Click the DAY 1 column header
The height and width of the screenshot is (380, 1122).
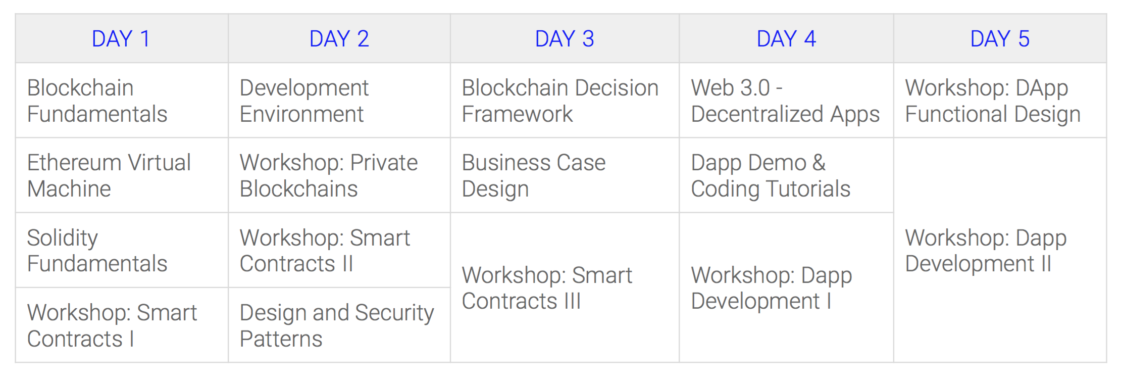[122, 39]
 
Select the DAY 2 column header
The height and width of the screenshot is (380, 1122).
[339, 39]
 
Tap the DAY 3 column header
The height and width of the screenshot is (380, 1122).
[565, 39]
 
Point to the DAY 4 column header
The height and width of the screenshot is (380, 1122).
[786, 39]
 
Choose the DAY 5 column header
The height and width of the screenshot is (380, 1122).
[1000, 39]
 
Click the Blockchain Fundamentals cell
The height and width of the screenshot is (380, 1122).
[122, 101]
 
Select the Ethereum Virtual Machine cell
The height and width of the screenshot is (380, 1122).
[122, 175]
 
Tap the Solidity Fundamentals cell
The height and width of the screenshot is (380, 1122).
[122, 250]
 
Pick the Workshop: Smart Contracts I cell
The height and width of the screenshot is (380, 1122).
[122, 325]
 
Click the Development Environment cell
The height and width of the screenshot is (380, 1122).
[339, 101]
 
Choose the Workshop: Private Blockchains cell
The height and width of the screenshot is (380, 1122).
[339, 175]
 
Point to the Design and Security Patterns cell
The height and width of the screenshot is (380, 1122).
[339, 325]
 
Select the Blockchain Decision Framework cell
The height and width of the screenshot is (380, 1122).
[565, 101]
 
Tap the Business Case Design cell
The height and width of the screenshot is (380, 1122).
[565, 175]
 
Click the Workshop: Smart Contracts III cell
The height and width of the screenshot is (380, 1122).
[565, 288]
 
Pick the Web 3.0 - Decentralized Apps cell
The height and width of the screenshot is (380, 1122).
[786, 101]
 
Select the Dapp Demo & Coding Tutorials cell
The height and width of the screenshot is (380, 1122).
[786, 175]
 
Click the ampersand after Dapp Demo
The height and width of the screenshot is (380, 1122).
[819, 163]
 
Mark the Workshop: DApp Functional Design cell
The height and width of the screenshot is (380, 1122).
[1000, 101]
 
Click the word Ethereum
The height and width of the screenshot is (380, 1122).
[74, 163]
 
